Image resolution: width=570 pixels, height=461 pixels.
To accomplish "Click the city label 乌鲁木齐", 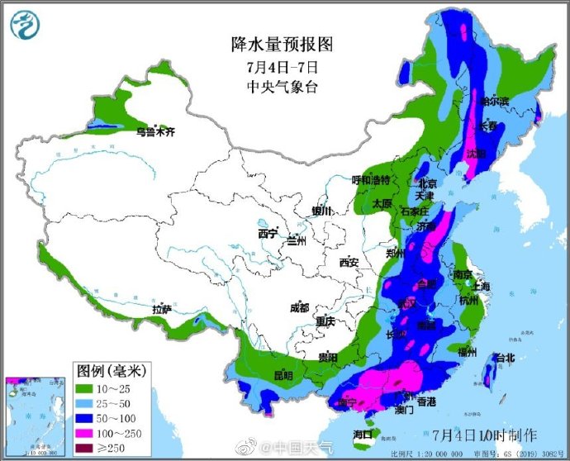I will tap(156, 131).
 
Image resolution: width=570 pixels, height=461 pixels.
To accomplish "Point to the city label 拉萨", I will tap(161, 309).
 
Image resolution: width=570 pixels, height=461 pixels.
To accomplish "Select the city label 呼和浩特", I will tap(371, 180).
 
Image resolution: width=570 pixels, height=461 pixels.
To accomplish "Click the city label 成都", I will tap(300, 308).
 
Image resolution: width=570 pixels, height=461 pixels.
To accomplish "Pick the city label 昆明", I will tap(283, 374).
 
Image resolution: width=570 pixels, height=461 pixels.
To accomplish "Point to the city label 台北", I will tap(503, 358).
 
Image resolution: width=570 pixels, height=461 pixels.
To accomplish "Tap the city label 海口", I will tap(363, 434).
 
